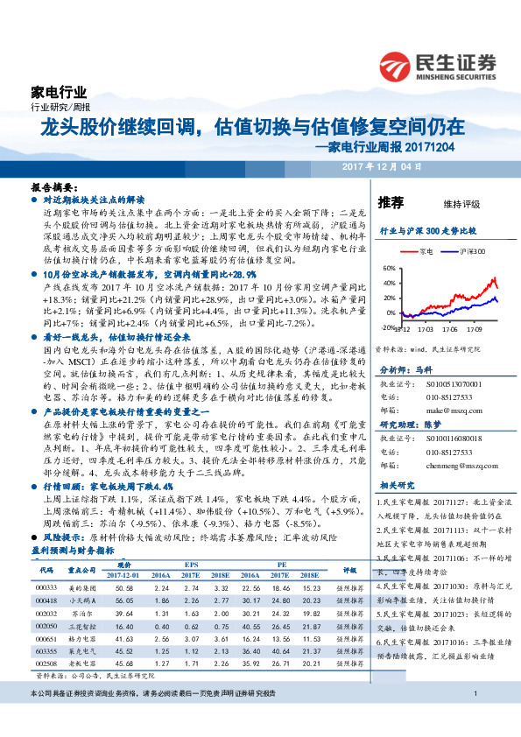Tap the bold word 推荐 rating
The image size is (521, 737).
click(391, 203)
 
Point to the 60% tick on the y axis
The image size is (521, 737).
click(390, 269)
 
